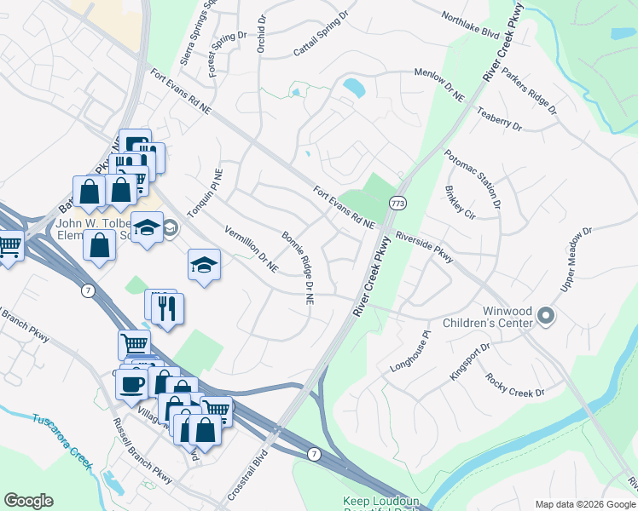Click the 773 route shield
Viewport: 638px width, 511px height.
tap(397, 204)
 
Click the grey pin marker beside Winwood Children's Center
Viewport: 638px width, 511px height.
tap(547, 318)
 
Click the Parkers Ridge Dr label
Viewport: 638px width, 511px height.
tap(528, 91)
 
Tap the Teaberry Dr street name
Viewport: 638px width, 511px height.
tap(499, 118)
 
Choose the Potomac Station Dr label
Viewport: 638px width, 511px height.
tap(472, 179)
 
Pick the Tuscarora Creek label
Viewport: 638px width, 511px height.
tap(61, 439)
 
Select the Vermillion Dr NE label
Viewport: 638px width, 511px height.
tap(251, 249)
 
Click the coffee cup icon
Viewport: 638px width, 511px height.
tap(131, 383)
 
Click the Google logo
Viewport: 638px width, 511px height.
tap(28, 501)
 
